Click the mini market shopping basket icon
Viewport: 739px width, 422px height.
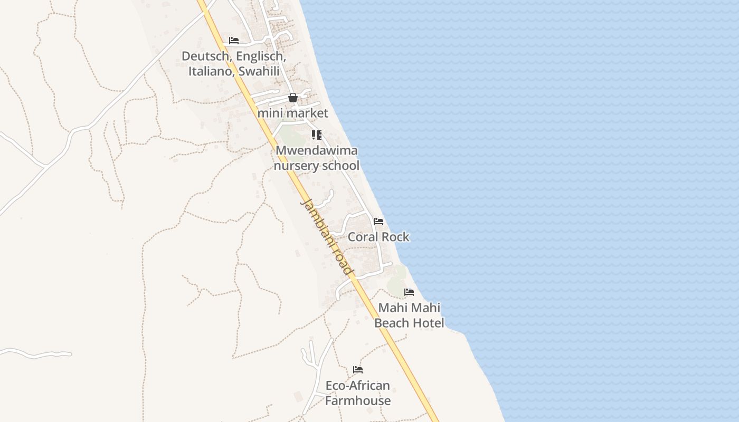[293, 98]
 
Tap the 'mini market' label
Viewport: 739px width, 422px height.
[293, 113]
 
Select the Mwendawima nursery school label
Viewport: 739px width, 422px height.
[317, 158]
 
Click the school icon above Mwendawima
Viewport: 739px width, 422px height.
[317, 135]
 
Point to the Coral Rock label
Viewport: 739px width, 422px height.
[378, 237]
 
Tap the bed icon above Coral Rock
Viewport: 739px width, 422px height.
[378, 221]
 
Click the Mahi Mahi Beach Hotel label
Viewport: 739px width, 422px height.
[409, 315]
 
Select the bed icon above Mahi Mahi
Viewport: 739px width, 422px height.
[409, 292]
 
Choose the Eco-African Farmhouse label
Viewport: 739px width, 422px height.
[358, 393]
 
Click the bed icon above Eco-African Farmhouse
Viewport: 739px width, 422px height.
[358, 369]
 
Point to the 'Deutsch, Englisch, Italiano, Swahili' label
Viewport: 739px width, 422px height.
[234, 63]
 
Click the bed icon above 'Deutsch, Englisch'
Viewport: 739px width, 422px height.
[234, 40]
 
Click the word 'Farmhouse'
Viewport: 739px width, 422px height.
[358, 401]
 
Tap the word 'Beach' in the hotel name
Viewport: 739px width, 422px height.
[392, 323]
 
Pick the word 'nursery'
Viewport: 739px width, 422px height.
[296, 166]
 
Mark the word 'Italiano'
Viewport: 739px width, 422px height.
[211, 71]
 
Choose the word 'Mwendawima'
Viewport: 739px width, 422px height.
[317, 150]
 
